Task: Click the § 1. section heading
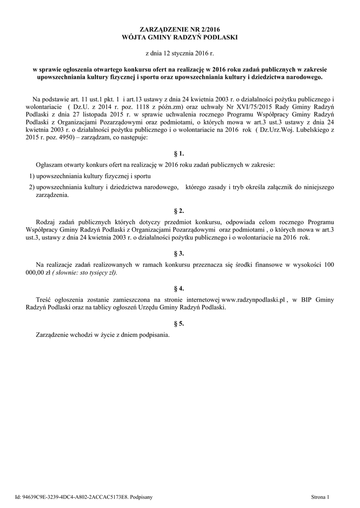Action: (180, 154)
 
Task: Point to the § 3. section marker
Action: (180, 253)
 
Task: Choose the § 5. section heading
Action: (180, 323)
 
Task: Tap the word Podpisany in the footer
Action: (141, 497)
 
